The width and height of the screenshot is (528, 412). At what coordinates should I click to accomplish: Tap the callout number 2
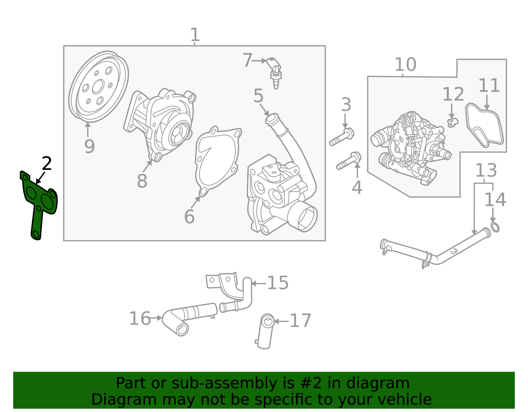(47, 164)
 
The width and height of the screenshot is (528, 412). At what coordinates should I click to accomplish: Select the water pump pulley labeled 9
(98, 86)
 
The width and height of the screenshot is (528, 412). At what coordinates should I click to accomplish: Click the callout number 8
(142, 181)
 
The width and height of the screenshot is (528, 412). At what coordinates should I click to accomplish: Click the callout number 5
(258, 96)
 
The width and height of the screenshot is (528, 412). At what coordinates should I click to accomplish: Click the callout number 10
(405, 65)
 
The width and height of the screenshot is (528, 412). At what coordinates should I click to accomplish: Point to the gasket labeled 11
(484, 127)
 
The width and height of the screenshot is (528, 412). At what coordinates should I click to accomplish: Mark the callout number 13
(486, 171)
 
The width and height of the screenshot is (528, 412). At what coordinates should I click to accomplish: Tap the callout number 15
(278, 283)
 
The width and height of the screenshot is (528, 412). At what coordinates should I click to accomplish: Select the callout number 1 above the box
(195, 35)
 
